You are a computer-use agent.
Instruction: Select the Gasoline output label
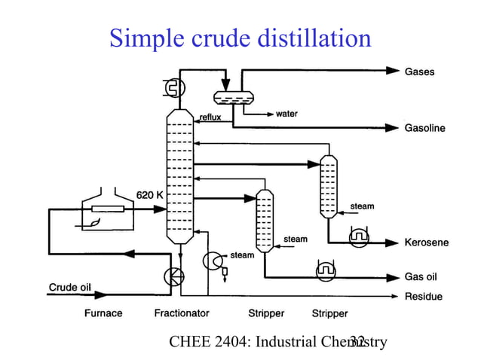click(x=425, y=128)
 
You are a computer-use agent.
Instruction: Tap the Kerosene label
click(x=427, y=243)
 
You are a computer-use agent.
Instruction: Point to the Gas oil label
click(x=421, y=277)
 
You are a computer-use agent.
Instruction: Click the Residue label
click(x=424, y=297)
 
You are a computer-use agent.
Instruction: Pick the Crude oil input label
click(x=71, y=286)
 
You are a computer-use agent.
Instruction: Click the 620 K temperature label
click(x=149, y=195)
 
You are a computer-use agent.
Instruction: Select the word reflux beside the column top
click(x=210, y=117)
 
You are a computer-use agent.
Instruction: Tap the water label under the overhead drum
click(x=286, y=114)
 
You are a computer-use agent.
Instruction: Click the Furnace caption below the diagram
click(x=103, y=313)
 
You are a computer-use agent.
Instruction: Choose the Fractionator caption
click(x=182, y=313)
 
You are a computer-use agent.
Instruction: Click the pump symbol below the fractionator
click(x=173, y=277)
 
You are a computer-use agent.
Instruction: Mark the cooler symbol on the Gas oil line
click(x=326, y=270)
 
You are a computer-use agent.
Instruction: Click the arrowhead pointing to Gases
click(x=392, y=71)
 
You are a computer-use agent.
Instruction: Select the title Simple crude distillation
click(x=240, y=37)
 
